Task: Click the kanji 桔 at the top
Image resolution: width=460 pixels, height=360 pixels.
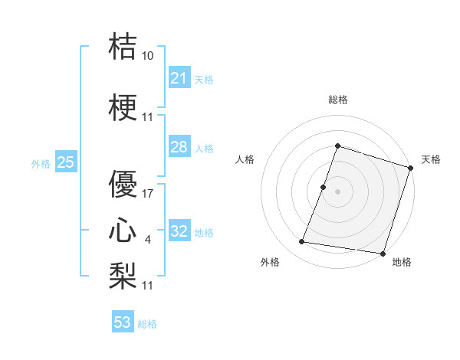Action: pos(123,47)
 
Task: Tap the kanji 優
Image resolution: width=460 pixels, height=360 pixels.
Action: pos(123,184)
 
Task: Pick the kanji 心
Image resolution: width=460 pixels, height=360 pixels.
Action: pos(123,230)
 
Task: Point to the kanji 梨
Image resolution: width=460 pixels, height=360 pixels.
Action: pos(123,274)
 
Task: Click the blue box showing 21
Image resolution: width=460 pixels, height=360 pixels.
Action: pos(179,77)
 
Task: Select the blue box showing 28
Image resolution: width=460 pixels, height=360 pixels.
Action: pos(179,147)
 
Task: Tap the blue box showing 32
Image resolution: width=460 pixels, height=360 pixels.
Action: pos(179,231)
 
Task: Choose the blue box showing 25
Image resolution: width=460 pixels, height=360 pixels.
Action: pos(65,162)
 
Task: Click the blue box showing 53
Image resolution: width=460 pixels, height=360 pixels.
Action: pos(122,322)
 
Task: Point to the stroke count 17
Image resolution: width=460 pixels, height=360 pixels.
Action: pos(148,194)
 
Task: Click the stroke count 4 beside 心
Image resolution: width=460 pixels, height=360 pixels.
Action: pos(148,240)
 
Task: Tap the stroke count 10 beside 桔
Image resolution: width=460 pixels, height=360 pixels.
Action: pos(148,56)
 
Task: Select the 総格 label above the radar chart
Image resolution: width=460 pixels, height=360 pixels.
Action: pos(337,100)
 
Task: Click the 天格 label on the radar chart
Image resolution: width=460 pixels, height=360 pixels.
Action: pos(431,159)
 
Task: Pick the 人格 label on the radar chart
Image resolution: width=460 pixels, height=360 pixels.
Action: pos(245,159)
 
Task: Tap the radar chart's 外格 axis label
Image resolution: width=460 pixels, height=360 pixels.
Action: pos(270,262)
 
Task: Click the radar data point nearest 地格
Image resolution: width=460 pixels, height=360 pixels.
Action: pos(382,253)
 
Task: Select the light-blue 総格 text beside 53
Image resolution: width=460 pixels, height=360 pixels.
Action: pos(147,324)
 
